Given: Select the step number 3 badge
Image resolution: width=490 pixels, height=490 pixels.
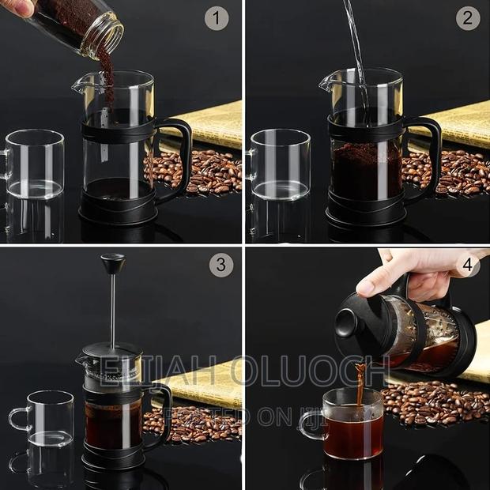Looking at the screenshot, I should tap(221, 265).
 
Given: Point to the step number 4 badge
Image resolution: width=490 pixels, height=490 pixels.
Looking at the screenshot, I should tap(469, 265).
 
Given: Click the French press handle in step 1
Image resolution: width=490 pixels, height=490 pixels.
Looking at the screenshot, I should tap(178, 154).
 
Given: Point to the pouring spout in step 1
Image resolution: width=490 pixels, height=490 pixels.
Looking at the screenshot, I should tap(79, 84).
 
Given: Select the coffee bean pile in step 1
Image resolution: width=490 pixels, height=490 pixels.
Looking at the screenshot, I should tap(198, 172).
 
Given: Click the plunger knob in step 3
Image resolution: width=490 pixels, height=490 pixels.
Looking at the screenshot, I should tap(112, 261).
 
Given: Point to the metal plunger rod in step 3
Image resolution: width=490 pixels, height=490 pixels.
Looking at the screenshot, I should tap(112, 308).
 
